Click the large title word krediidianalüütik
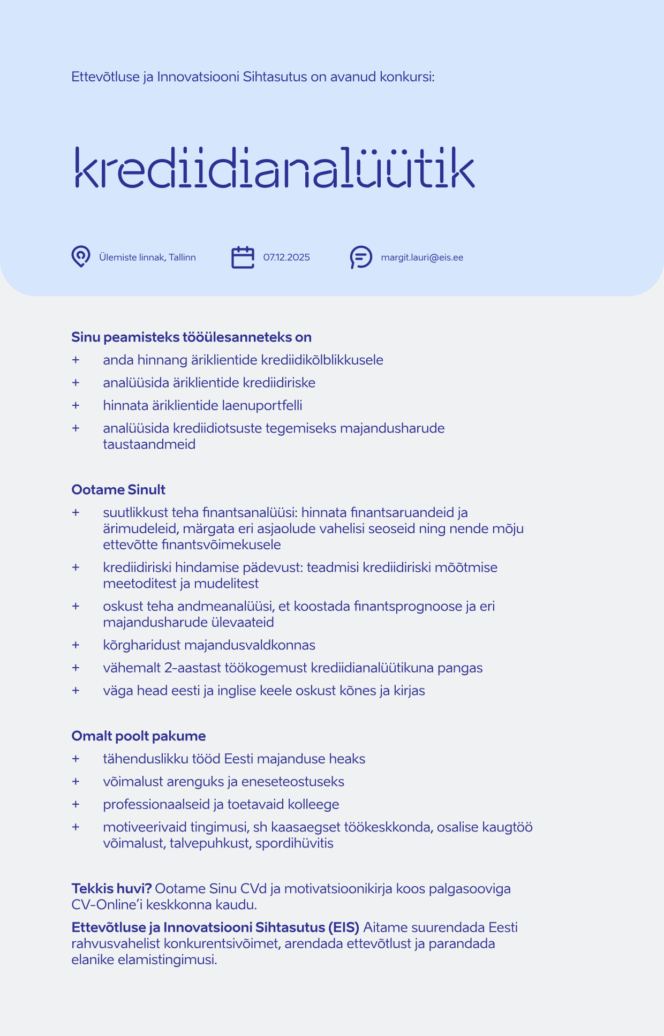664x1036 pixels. [x=273, y=167]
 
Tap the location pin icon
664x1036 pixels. [x=81, y=257]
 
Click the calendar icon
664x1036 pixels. [x=243, y=257]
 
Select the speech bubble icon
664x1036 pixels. [x=361, y=257]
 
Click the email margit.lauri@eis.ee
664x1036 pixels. [x=422, y=258]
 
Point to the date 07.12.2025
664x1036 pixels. [x=286, y=258]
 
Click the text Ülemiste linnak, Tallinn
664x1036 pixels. [x=147, y=258]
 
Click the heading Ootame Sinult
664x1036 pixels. [x=118, y=490]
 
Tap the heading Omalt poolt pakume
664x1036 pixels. [x=138, y=736]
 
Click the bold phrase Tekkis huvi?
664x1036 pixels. [x=111, y=889]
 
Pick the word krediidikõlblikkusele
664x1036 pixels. [x=322, y=360]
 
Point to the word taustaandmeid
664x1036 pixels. [x=149, y=444]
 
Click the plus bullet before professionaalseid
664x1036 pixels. [x=76, y=804]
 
